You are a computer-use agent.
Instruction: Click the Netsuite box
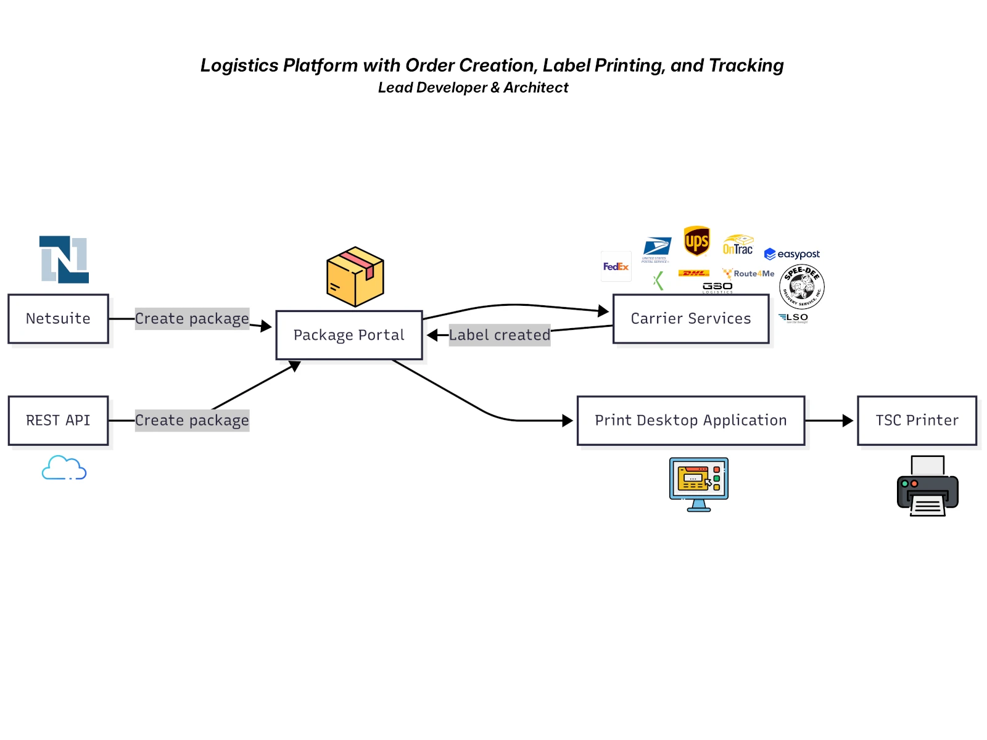point(58,319)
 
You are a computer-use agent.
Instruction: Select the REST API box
point(58,421)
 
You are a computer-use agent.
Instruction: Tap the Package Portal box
point(349,335)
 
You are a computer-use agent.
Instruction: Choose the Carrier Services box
point(691,319)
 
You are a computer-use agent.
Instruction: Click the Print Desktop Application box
point(691,421)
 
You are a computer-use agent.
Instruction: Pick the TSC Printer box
point(917,421)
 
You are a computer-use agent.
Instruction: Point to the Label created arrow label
point(499,335)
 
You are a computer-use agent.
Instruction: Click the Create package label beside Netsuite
point(192,319)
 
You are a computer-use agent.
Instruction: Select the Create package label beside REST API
point(192,421)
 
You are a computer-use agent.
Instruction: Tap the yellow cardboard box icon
point(355,277)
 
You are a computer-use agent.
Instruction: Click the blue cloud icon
point(64,468)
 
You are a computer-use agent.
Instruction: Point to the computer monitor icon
point(699,484)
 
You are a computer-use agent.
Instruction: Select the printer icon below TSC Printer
point(927,487)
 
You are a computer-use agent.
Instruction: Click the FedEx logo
point(616,266)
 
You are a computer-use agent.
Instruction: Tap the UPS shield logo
point(696,240)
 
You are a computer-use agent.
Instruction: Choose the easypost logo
point(792,254)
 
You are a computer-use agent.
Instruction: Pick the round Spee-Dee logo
point(802,287)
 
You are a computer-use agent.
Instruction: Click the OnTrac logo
point(738,245)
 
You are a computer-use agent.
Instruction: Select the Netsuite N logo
point(64,260)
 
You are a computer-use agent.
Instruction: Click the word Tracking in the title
point(746,65)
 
